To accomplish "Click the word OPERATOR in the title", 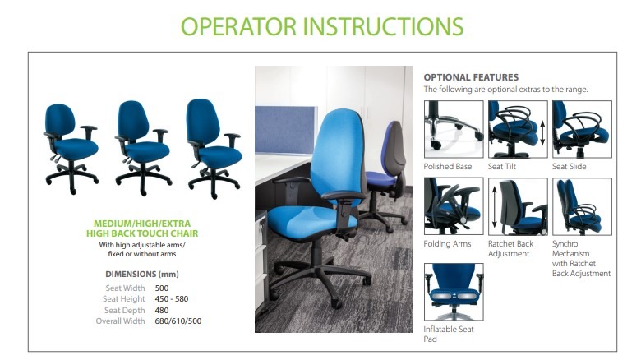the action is [238, 26].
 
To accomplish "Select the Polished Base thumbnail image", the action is [454, 129].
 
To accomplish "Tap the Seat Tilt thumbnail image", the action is [518, 129].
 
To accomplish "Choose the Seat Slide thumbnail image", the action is [582, 129].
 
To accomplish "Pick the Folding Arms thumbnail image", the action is [454, 206].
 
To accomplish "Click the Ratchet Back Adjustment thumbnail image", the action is [518, 206].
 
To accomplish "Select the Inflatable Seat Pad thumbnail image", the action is [454, 292].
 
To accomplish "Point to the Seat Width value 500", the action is [161, 288].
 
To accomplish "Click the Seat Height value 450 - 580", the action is [172, 299].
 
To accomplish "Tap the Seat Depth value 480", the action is [161, 310].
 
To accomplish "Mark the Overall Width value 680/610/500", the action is [178, 321].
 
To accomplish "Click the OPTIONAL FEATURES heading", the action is [471, 77].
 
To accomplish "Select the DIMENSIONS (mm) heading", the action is [142, 274].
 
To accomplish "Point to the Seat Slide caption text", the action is [569, 167].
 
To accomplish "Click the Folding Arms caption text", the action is [447, 244].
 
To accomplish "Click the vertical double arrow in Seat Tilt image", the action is [542, 132].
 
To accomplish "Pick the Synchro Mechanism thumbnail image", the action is [582, 206].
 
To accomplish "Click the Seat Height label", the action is [124, 299].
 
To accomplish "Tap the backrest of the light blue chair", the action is [337, 155].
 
